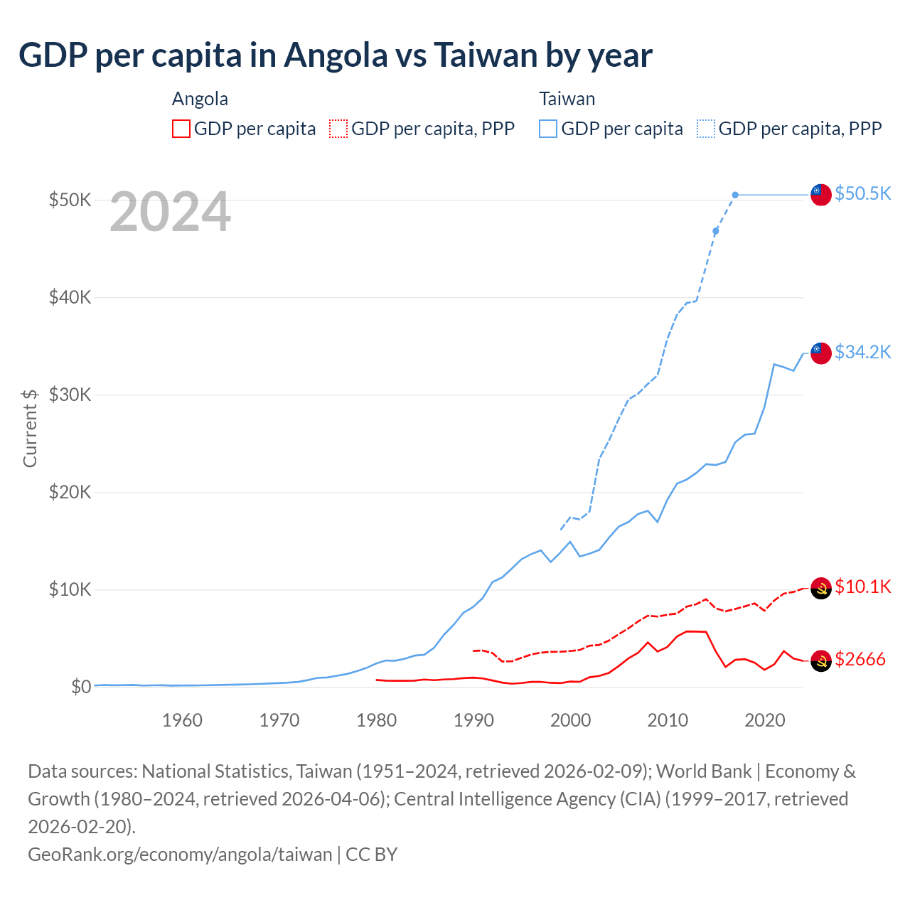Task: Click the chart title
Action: [335, 55]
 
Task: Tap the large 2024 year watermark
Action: [170, 212]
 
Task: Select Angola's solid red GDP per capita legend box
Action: [181, 129]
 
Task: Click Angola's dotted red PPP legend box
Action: [338, 129]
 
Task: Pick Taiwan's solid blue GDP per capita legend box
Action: [548, 129]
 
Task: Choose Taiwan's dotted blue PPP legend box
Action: [706, 129]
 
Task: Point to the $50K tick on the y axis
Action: [70, 200]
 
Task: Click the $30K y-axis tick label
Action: [70, 395]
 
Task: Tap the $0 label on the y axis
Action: [81, 687]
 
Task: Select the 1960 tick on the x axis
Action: [182, 720]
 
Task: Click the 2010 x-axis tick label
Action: [668, 720]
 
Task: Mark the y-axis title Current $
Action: [30, 428]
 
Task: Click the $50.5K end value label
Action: [862, 193]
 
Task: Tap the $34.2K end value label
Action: [862, 352]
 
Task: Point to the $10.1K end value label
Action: [862, 587]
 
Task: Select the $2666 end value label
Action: [860, 659]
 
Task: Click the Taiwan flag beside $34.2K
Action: [821, 353]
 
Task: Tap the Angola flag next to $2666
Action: [821, 660]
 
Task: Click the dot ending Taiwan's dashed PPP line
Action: [735, 195]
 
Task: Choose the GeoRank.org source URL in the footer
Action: [180, 854]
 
